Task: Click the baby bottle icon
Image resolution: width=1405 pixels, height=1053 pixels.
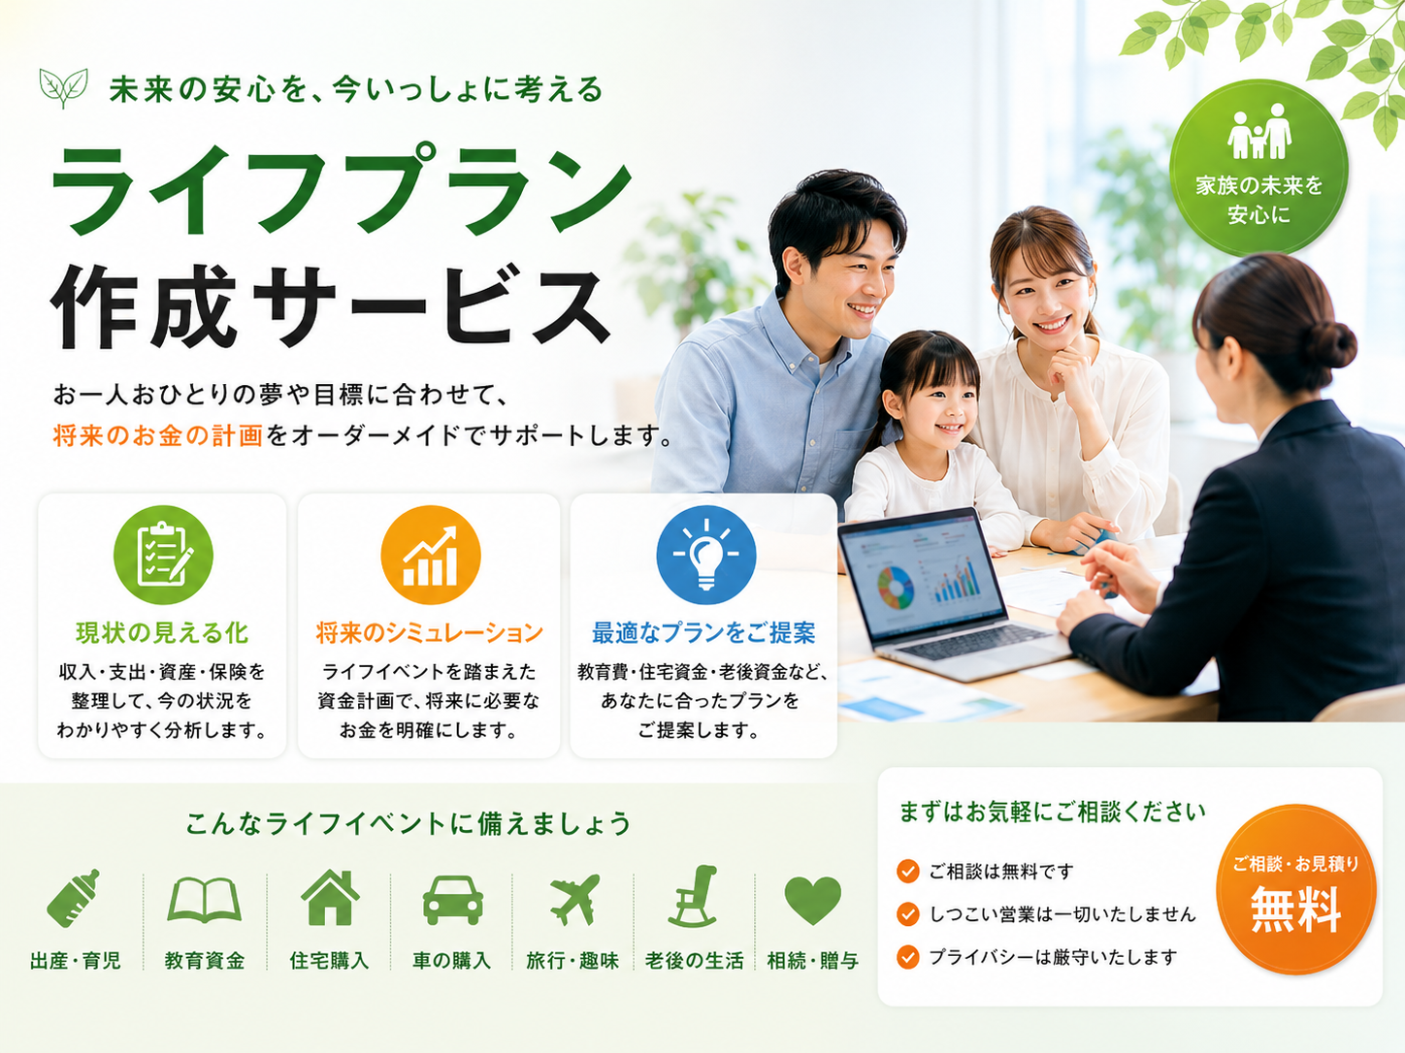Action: (74, 898)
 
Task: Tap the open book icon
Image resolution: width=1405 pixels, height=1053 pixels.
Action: (204, 899)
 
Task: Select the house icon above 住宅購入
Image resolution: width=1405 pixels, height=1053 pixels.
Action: (330, 897)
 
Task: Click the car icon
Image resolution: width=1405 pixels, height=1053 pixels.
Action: (453, 900)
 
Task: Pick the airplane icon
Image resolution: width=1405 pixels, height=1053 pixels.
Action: (574, 899)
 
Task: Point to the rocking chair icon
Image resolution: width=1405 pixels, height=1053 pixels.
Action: (694, 896)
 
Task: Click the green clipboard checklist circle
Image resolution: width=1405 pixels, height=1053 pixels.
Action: (163, 555)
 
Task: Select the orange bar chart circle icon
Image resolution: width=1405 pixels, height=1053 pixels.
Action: (430, 555)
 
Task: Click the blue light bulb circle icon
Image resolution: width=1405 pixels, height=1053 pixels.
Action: (706, 555)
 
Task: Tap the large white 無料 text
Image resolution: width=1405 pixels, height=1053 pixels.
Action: (1295, 909)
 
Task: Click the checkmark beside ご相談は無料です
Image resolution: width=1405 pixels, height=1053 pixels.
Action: (907, 871)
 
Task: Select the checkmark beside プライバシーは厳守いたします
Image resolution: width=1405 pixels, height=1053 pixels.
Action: (907, 957)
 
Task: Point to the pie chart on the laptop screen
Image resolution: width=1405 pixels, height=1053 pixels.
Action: (896, 588)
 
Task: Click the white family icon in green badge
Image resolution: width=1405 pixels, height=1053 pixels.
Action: (1259, 131)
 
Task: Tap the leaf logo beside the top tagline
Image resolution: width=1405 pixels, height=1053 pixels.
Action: (63, 87)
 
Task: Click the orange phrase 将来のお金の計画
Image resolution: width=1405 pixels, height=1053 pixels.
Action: (158, 435)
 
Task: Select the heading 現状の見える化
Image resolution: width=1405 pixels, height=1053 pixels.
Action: (162, 632)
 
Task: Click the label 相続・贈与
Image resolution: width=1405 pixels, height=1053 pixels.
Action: (813, 960)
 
